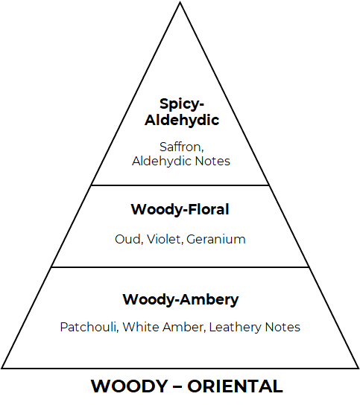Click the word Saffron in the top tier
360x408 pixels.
181,147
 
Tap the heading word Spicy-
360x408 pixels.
182,104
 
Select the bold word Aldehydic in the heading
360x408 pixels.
182,120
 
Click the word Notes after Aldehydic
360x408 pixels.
212,161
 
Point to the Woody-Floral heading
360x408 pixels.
180,209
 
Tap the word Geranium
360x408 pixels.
216,240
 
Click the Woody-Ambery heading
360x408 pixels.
180,299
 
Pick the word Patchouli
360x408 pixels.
89,327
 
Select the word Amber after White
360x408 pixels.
183,328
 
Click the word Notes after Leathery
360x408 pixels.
282,327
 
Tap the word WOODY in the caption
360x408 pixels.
129,386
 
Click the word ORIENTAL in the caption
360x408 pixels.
235,386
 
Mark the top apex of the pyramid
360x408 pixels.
180,2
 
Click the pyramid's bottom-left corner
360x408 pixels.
1,369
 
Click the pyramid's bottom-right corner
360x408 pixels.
359,369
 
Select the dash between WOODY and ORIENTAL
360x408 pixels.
177,387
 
